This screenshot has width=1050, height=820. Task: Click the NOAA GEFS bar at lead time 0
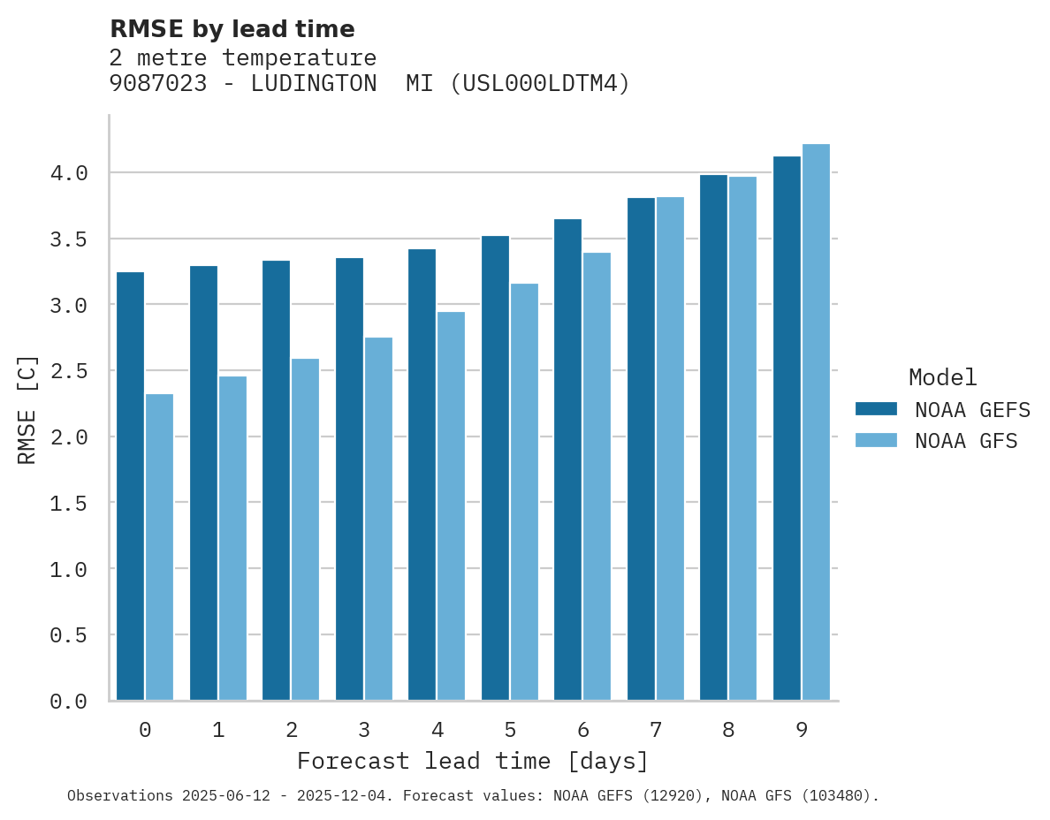click(x=130, y=486)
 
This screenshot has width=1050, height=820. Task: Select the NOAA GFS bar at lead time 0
click(x=159, y=547)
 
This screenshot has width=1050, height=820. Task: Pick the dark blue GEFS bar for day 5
click(x=495, y=467)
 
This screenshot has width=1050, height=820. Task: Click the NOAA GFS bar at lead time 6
click(x=597, y=476)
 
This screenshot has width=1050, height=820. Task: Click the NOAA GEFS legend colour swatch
click(x=876, y=409)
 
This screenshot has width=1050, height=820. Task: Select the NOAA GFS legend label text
click(x=966, y=441)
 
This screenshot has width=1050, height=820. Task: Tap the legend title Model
click(x=942, y=378)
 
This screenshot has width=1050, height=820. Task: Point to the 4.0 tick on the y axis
click(x=69, y=173)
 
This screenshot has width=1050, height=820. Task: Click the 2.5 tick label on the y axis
click(x=69, y=371)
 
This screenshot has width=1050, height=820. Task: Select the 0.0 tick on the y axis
click(x=69, y=702)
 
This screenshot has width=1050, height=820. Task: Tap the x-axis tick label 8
click(x=728, y=730)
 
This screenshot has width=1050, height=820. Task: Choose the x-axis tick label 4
click(x=437, y=730)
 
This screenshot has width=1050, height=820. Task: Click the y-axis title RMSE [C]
click(x=27, y=409)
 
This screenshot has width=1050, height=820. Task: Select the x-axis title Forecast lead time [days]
click(x=473, y=762)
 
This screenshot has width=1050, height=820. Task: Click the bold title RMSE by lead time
click(x=232, y=29)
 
